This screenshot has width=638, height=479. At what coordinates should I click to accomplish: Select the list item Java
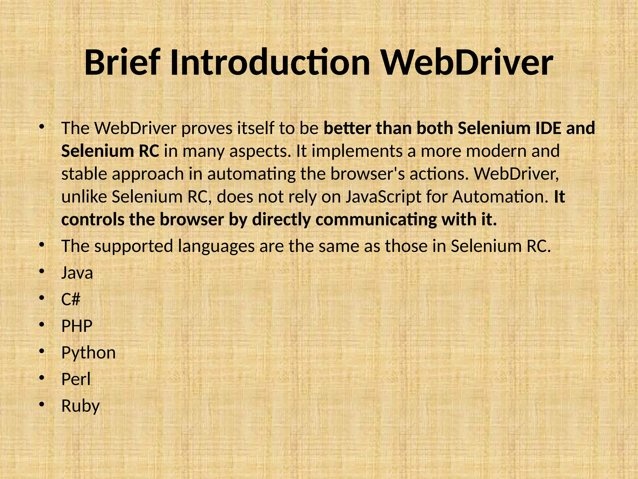point(77,273)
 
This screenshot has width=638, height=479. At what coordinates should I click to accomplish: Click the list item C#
point(71,299)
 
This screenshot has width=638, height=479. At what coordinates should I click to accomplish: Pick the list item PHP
point(77,326)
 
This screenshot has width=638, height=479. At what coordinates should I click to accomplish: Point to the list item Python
point(88,353)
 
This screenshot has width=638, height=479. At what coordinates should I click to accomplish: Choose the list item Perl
point(76,380)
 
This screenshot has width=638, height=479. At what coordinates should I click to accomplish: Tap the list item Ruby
point(80,406)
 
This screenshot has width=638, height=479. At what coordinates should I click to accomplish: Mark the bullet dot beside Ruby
point(42,405)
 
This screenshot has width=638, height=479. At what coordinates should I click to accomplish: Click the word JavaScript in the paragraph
point(383,197)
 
